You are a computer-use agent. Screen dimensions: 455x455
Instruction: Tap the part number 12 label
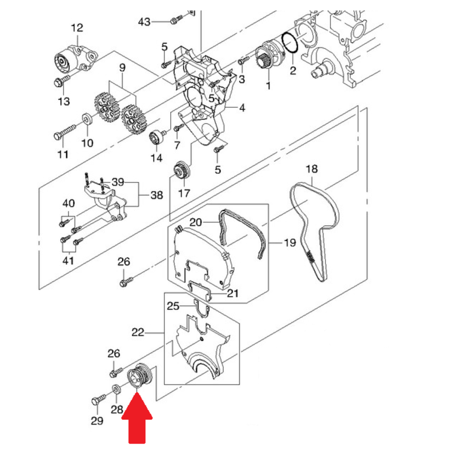pyautogui.click(x=77, y=28)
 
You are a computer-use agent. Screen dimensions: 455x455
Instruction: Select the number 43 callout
pyautogui.click(x=144, y=21)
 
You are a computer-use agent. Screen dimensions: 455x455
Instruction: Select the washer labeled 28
pyautogui.click(x=116, y=389)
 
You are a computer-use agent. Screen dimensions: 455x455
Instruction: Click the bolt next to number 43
pyautogui.click(x=175, y=20)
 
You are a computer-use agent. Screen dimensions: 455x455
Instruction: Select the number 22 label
pyautogui.click(x=137, y=333)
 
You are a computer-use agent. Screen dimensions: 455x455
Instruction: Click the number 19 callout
pyautogui.click(x=289, y=243)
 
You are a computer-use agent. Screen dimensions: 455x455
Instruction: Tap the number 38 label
pyautogui.click(x=156, y=196)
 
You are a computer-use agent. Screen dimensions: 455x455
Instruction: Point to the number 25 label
pyautogui.click(x=173, y=306)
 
